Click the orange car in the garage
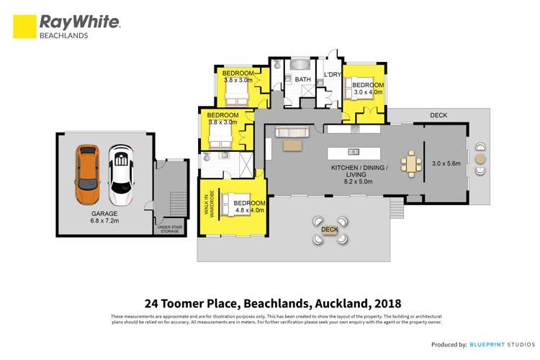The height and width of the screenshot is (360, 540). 87,175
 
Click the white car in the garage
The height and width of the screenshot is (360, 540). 121,175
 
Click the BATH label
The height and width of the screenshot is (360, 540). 302,80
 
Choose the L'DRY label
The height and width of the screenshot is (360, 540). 332,75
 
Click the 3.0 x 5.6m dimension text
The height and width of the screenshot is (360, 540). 446,163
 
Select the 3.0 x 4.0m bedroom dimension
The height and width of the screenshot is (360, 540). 367,93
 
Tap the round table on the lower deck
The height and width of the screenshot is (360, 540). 330,230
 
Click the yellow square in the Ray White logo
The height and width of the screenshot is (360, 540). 24,26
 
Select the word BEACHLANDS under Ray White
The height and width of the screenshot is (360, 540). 64,35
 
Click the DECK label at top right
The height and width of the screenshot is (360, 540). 438,115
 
